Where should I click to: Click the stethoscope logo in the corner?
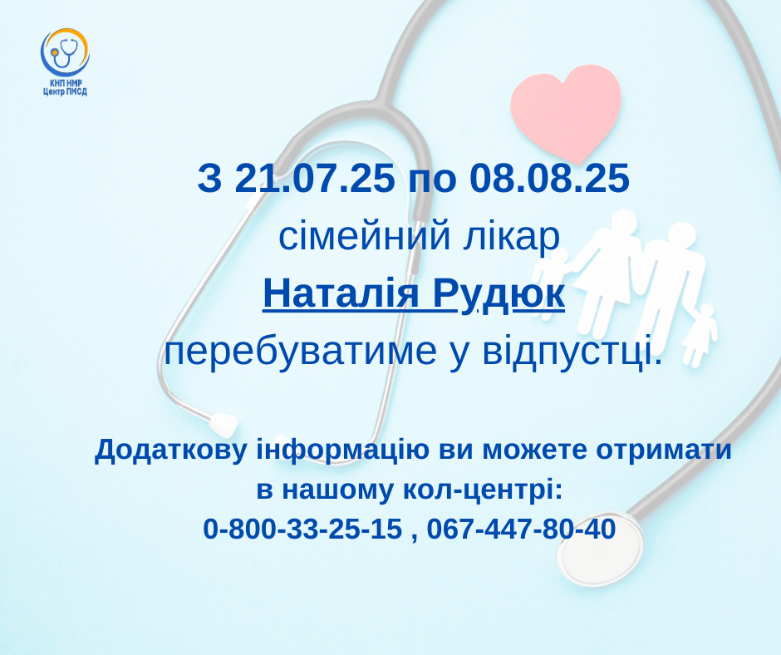(x=65, y=52)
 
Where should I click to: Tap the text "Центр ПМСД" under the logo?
(x=66, y=91)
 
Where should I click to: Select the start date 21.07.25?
(x=314, y=178)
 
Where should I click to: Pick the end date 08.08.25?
(x=549, y=178)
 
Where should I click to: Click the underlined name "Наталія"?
(x=341, y=293)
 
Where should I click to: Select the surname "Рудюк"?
(x=499, y=294)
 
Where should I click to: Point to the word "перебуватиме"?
(x=300, y=352)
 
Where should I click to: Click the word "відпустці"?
(x=572, y=352)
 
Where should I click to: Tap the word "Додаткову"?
(x=171, y=451)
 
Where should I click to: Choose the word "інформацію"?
(x=342, y=451)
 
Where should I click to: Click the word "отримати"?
(x=664, y=451)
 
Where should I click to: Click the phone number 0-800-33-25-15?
(x=302, y=529)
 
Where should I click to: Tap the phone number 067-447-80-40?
(x=521, y=529)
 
